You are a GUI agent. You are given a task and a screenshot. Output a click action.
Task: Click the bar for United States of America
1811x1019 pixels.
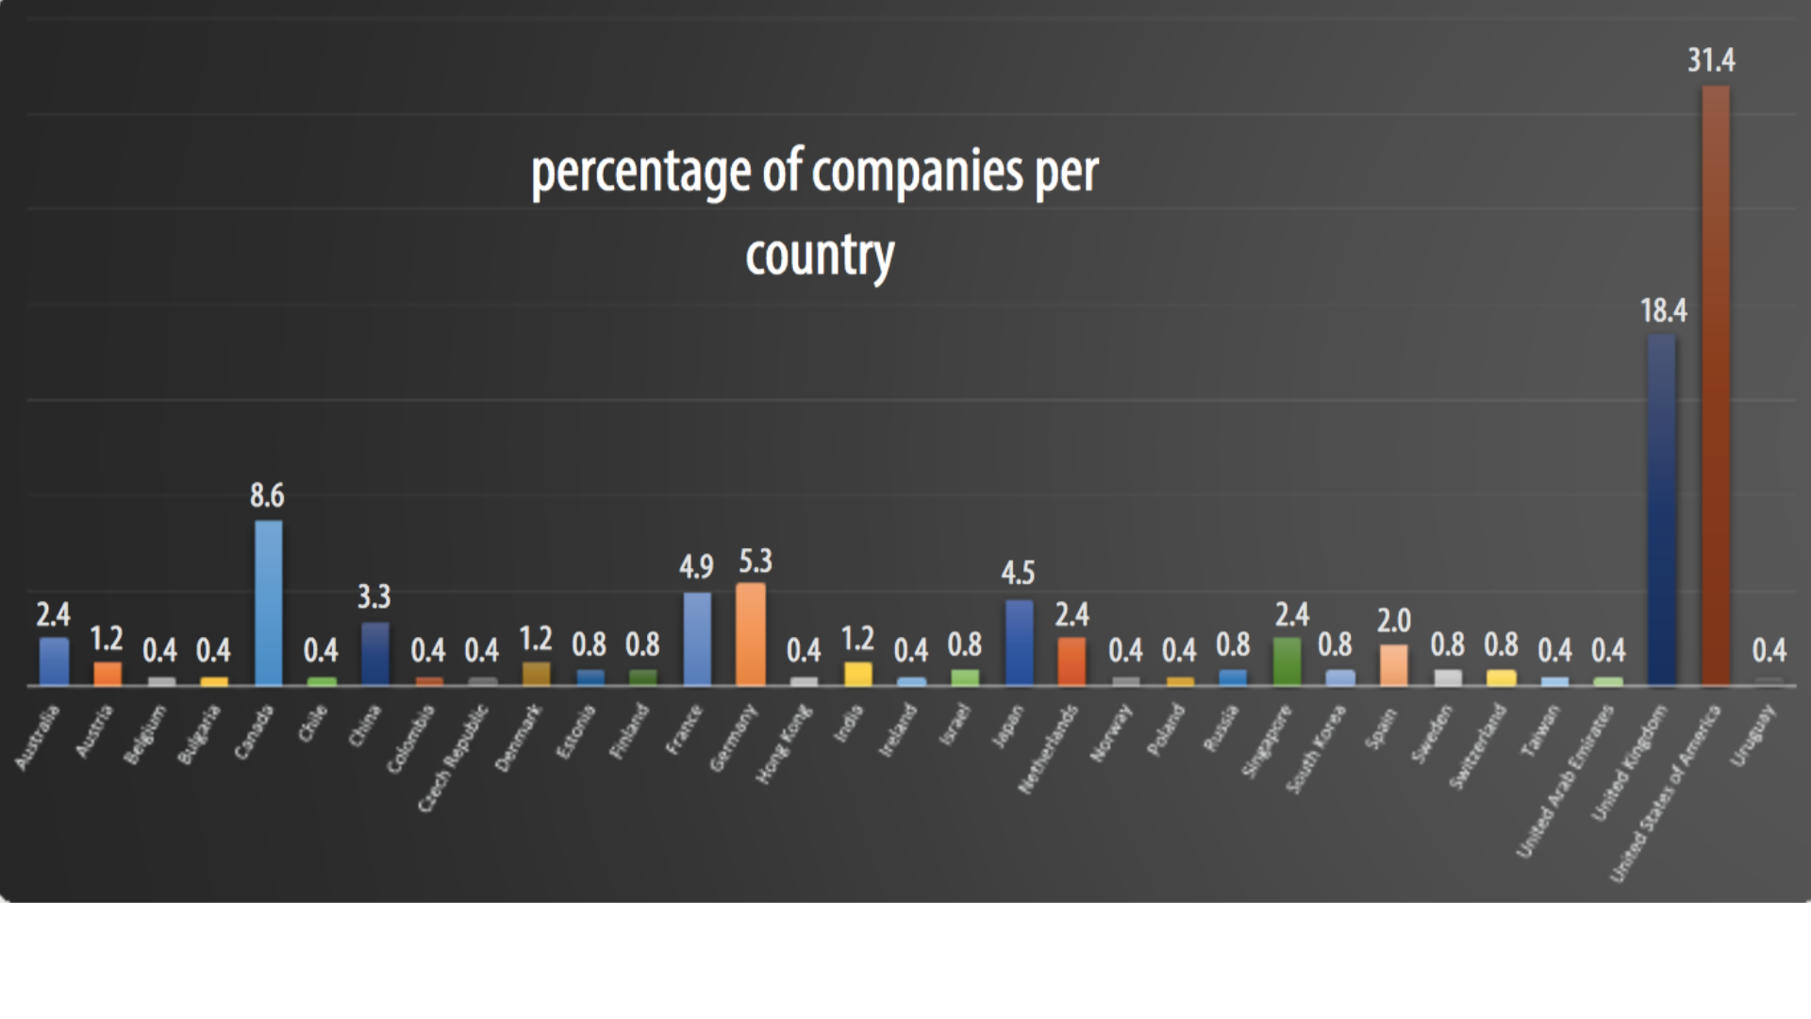(1715, 387)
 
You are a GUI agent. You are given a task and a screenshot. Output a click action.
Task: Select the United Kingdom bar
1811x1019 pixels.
(1661, 509)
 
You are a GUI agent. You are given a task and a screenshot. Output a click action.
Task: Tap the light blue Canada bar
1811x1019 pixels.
(269, 604)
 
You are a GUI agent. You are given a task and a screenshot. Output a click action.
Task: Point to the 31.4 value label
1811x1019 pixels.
(1711, 60)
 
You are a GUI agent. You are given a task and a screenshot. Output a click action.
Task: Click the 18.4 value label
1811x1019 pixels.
(1663, 310)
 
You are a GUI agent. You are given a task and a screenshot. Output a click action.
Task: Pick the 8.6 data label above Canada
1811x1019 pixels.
(267, 495)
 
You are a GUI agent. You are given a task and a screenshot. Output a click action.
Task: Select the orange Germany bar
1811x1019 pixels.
(751, 634)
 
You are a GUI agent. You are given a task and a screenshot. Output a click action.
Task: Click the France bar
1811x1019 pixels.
(697, 639)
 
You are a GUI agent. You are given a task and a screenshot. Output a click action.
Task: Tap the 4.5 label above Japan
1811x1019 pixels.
(1018, 573)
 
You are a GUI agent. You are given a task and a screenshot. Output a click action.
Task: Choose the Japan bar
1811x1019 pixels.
(1019, 643)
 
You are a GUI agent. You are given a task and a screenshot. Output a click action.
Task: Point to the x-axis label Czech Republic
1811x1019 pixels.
(455, 759)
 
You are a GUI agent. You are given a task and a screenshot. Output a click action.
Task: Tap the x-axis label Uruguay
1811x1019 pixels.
(1753, 736)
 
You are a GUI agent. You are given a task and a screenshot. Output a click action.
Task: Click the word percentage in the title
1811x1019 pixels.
(641, 173)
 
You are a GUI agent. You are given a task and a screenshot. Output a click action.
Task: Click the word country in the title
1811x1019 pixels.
(819, 255)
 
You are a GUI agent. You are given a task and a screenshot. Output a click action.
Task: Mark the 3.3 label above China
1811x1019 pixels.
(374, 596)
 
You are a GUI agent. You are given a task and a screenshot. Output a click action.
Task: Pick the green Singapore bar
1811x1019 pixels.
(1287, 661)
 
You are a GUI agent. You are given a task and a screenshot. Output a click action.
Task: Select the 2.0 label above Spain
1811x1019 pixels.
(1393, 621)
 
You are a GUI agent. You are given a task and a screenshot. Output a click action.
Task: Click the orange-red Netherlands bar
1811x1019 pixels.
(1072, 661)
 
